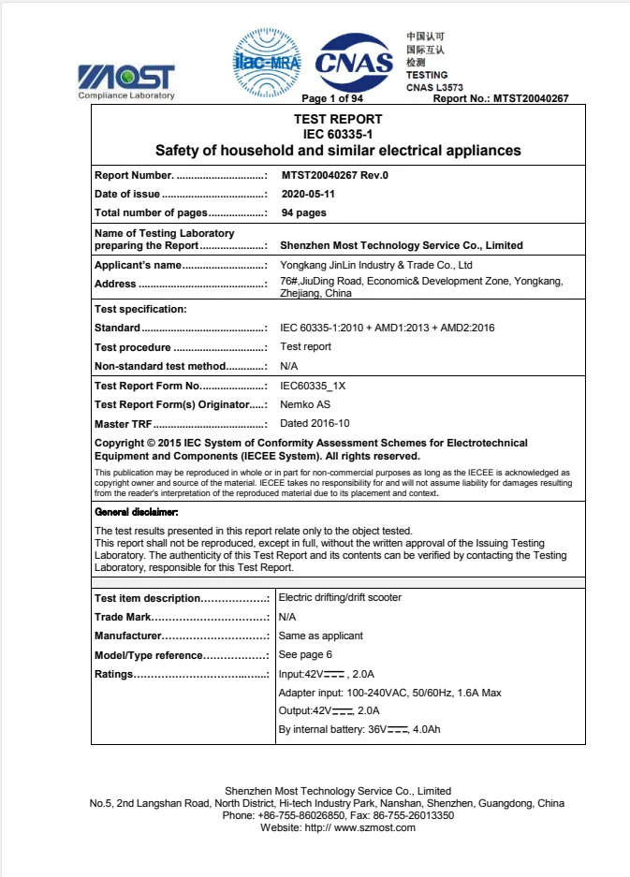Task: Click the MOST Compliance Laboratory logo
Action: [x=126, y=80]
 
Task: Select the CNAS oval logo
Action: [x=354, y=63]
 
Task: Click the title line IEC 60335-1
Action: [x=338, y=134]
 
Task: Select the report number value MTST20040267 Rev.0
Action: [x=334, y=175]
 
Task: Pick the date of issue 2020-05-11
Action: [x=308, y=194]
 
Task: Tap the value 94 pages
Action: [x=303, y=212]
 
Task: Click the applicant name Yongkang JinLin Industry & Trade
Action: [x=376, y=265]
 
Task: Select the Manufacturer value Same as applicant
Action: [x=321, y=636]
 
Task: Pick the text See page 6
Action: [x=305, y=654]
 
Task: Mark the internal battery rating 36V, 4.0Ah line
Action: [x=359, y=729]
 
